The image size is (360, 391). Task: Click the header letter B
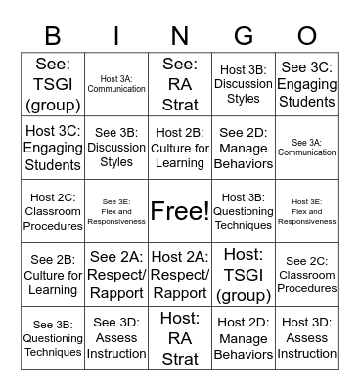(53, 36)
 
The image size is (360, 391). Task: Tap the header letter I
(116, 36)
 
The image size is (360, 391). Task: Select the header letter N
(180, 36)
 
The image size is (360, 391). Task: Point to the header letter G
(244, 36)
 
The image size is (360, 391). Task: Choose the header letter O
(307, 36)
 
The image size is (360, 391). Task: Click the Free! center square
(180, 211)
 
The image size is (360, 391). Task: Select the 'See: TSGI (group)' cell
(53, 84)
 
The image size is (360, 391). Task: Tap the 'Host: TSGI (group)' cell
(244, 275)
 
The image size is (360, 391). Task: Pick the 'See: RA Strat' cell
(180, 84)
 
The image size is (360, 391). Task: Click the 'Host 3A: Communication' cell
(116, 84)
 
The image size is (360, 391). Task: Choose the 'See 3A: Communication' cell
(307, 148)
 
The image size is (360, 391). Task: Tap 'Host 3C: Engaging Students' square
(53, 148)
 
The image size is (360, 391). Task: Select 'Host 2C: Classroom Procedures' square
(53, 211)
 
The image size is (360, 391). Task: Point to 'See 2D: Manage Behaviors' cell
(244, 148)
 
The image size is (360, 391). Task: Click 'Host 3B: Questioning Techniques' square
(244, 211)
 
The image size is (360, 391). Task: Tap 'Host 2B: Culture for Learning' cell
(180, 148)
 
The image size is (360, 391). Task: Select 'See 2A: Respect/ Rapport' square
(116, 275)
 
